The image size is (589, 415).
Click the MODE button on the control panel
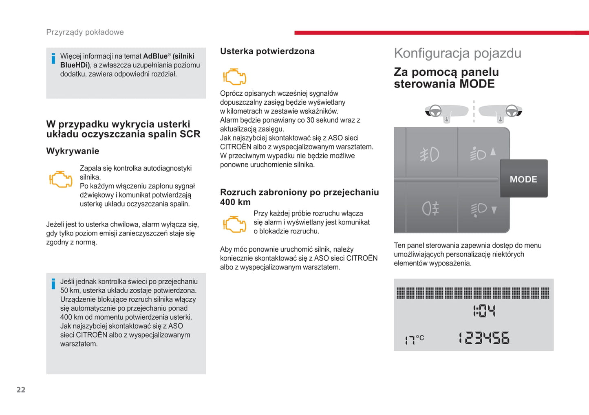(523, 179)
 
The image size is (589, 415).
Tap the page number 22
(21, 390)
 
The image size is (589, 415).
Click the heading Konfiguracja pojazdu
(457, 53)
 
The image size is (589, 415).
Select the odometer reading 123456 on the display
(484, 338)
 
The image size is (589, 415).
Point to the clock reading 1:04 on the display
(484, 311)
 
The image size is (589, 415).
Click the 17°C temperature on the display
(414, 339)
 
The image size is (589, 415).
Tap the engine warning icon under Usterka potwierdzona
(234, 77)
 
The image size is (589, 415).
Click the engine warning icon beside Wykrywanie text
(61, 179)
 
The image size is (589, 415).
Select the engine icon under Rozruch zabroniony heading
(234, 224)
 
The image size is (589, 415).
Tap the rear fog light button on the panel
(430, 209)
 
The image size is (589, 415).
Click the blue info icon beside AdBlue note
(53, 59)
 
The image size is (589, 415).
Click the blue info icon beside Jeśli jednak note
(53, 284)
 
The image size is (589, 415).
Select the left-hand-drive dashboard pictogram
(446, 111)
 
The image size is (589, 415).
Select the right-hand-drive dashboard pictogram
(500, 111)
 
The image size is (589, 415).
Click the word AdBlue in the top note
(155, 56)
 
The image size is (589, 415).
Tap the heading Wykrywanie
(73, 151)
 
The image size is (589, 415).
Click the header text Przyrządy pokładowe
(85, 32)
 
